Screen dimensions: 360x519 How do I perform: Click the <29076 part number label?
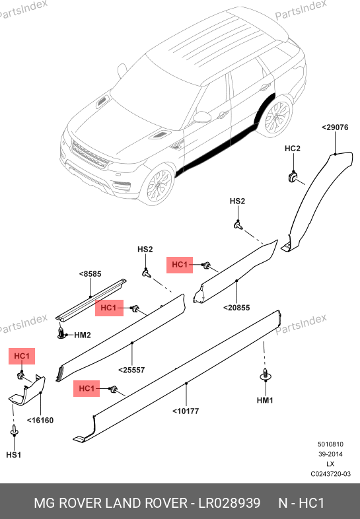[x=335, y=127]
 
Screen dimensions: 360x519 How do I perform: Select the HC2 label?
[x=293, y=149]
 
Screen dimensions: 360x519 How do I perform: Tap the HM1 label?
[x=265, y=401]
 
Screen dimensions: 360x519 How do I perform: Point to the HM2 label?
[x=83, y=335]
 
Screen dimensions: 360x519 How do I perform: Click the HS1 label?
[x=14, y=455]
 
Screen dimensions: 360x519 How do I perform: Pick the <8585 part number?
[x=90, y=274]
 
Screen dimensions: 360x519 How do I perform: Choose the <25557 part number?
[x=131, y=370]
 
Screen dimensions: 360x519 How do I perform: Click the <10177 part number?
[x=186, y=411]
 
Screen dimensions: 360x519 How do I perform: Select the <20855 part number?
[x=236, y=308]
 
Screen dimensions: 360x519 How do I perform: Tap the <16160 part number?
[x=40, y=421]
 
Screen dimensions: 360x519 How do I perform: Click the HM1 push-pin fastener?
[x=265, y=374]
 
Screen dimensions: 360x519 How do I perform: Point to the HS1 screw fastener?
[x=14, y=431]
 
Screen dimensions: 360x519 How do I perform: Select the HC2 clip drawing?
[x=293, y=176]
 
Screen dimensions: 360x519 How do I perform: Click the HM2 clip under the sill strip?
[x=61, y=333]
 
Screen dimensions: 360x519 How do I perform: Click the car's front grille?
[x=90, y=154]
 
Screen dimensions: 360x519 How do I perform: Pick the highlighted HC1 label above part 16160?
[x=22, y=356]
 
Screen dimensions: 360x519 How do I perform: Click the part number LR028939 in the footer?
[x=229, y=503]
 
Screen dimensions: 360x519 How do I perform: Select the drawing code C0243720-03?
[x=330, y=474]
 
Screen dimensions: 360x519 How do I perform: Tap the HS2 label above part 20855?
[x=237, y=201]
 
